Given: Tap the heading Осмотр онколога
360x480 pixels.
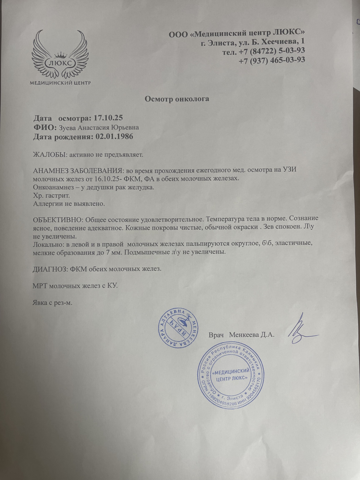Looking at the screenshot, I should coord(177,99).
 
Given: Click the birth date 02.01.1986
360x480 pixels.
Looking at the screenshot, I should coord(115,137).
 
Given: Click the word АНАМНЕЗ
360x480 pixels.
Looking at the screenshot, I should coord(50,171).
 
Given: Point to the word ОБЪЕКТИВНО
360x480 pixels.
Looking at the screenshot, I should coord(57,219).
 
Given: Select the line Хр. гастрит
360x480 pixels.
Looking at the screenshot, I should coord(51,195).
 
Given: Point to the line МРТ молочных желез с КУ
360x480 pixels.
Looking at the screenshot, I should coord(75,285).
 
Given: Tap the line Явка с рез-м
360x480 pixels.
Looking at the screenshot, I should coord(52,303).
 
